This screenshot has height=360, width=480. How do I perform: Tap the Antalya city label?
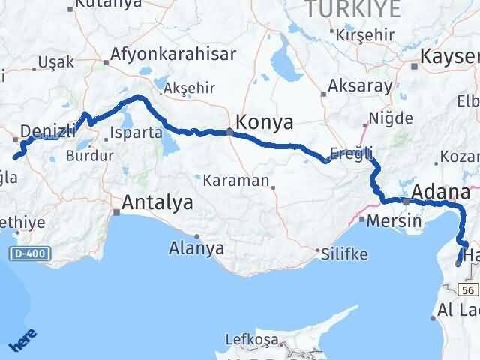(157, 202)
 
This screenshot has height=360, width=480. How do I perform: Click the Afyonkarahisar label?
(172, 54)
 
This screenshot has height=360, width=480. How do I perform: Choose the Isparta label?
(136, 133)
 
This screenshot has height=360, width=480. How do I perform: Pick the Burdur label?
(89, 156)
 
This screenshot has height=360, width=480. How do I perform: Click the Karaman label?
(237, 181)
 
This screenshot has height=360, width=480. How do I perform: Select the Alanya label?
(196, 247)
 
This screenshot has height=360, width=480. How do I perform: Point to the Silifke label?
(343, 253)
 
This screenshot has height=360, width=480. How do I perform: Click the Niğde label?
(388, 118)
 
